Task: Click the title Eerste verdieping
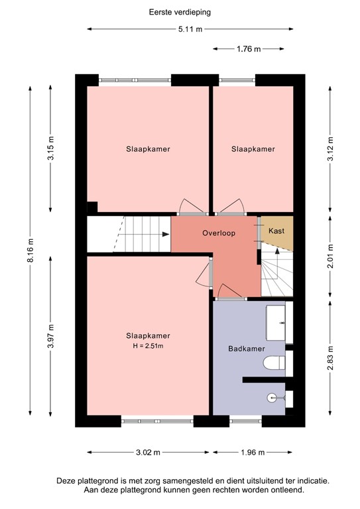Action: click(x=180, y=11)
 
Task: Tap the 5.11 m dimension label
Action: click(x=190, y=29)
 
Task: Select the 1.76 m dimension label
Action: click(x=249, y=48)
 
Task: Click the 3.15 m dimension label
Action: click(x=52, y=149)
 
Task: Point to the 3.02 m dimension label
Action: click(x=147, y=453)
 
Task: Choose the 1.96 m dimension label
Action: click(x=252, y=453)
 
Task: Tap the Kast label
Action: click(x=276, y=231)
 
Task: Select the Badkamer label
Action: click(x=247, y=349)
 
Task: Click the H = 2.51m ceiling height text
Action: click(x=149, y=346)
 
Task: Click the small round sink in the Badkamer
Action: click(x=272, y=398)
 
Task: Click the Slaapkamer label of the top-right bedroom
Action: click(x=253, y=149)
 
